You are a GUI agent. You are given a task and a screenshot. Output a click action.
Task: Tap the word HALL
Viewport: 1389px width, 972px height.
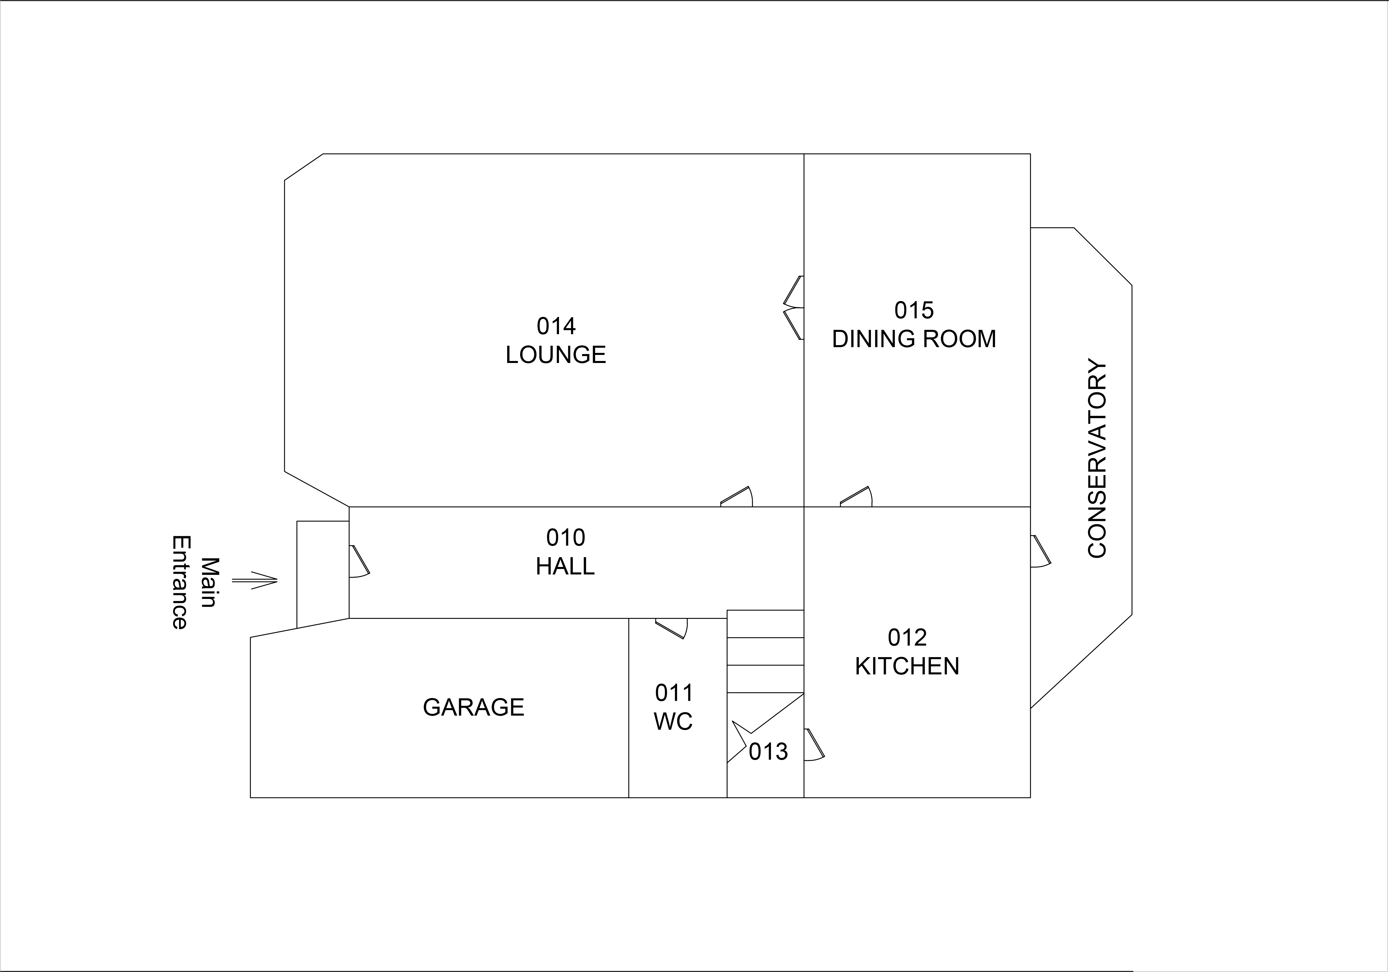(x=565, y=566)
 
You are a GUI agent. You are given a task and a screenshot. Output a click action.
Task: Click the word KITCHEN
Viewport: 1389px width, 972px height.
(x=907, y=666)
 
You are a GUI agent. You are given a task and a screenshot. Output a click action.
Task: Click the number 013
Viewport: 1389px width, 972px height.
(x=768, y=752)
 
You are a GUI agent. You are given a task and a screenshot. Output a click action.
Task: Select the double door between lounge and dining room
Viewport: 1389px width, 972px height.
(x=794, y=307)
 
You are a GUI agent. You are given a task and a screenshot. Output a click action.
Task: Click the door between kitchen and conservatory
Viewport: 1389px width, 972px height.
(x=1040, y=551)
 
